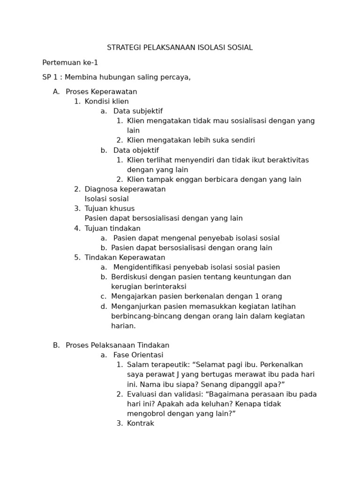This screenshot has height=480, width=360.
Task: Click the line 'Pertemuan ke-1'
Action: (x=70, y=63)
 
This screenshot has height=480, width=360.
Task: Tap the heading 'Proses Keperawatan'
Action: (x=101, y=92)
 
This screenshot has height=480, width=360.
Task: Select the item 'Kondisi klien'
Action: (x=106, y=102)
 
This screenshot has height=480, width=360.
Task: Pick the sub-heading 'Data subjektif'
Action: (x=138, y=112)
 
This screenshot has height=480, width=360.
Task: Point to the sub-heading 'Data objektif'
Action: (x=136, y=150)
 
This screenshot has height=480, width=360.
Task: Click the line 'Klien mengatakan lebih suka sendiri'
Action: (x=191, y=140)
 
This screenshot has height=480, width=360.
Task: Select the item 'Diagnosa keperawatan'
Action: (x=125, y=189)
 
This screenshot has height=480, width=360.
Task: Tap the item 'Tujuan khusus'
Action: (x=110, y=209)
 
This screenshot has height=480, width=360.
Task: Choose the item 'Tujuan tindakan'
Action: (x=112, y=228)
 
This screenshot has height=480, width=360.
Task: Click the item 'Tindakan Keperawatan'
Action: (x=125, y=258)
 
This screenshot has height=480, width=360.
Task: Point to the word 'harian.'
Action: (x=123, y=326)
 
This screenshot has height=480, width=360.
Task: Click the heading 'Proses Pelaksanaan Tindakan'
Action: (x=118, y=345)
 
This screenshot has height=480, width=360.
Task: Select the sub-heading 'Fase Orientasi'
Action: (x=138, y=355)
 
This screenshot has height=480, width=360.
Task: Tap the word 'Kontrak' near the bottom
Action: (x=141, y=424)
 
